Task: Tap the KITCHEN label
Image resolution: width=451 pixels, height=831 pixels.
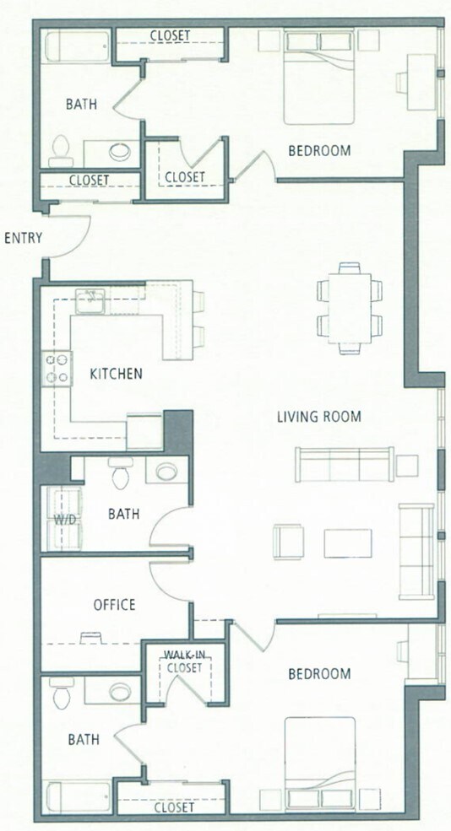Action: [116, 373]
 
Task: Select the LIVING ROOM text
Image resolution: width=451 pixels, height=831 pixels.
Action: [319, 416]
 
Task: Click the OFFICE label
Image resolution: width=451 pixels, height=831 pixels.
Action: [114, 605]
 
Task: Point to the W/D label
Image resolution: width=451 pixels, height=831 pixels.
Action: [65, 519]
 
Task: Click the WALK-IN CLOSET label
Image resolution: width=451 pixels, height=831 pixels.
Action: [183, 661]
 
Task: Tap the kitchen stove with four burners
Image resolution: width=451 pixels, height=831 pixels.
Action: [57, 369]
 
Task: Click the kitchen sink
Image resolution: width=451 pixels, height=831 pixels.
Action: [90, 299]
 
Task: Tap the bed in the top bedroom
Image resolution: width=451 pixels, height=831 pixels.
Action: [319, 76]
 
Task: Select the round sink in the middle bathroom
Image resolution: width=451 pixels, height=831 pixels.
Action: [166, 471]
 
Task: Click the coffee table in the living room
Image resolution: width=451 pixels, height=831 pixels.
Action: [347, 542]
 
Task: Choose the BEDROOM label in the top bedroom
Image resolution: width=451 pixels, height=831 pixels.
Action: [319, 151]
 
